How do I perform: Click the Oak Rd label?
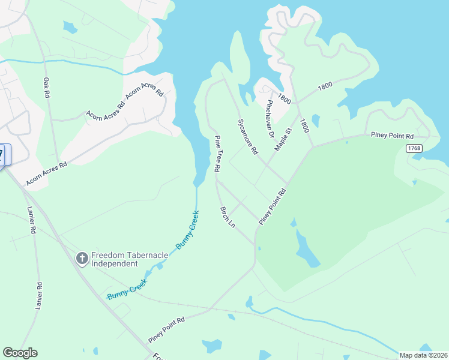(x=46, y=88)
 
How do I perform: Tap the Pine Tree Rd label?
(x=218, y=154)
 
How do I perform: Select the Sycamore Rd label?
(x=247, y=136)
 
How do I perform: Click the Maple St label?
(x=282, y=139)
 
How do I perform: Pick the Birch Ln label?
(x=228, y=218)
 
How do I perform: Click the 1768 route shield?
(x=414, y=148)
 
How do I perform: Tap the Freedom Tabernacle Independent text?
(x=127, y=259)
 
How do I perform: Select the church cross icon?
(x=82, y=259)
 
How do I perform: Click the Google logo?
(x=20, y=353)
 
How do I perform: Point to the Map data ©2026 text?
(x=423, y=355)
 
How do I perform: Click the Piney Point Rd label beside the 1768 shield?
(x=392, y=136)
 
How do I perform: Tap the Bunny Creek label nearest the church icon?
(x=186, y=230)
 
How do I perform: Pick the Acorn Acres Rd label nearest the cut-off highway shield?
(x=46, y=173)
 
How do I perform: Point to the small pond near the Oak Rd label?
(x=70, y=28)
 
